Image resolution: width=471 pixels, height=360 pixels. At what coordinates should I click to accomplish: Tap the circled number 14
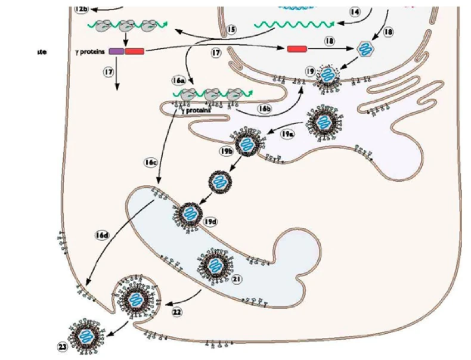click(355, 11)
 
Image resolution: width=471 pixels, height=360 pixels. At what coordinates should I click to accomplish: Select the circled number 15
click(231, 29)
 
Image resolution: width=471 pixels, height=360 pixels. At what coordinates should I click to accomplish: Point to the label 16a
click(178, 79)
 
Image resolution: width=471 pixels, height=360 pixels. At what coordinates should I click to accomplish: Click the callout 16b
click(265, 108)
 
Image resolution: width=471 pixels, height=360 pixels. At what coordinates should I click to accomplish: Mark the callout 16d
click(101, 235)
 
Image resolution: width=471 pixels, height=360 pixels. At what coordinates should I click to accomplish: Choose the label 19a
click(287, 134)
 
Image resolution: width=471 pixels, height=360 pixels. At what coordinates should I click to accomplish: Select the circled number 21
click(237, 278)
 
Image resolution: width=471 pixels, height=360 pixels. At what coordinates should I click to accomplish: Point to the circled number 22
click(177, 311)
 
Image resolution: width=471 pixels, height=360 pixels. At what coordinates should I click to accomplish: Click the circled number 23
click(64, 345)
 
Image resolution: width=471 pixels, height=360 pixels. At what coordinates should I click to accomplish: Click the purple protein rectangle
click(116, 52)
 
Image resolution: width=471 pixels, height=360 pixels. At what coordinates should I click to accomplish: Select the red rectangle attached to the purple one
click(134, 52)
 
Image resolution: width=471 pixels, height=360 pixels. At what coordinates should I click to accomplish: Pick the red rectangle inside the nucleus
click(297, 48)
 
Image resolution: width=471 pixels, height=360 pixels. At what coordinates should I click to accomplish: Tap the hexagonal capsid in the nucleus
click(363, 50)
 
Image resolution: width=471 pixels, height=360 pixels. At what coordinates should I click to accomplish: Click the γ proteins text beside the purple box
click(89, 52)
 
